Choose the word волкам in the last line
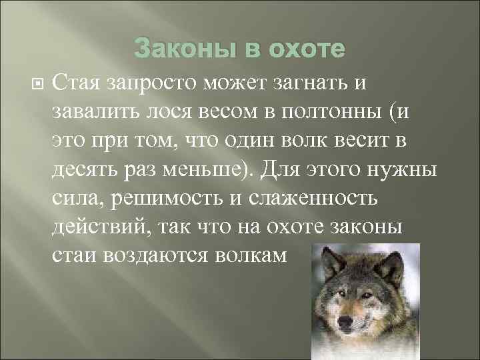coord(256,256)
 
